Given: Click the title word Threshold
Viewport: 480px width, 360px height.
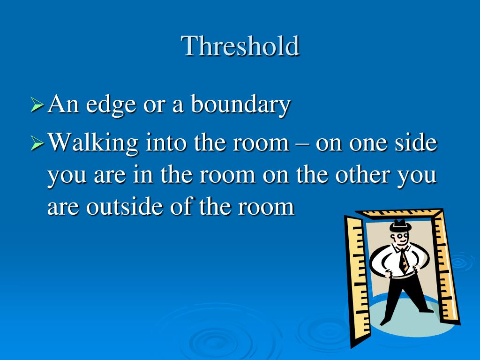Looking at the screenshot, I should (x=240, y=46).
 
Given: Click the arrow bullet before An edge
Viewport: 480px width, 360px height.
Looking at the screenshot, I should (x=37, y=105).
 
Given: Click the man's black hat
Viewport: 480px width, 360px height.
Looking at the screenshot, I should (x=400, y=225).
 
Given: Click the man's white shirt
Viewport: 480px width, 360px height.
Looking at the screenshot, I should (x=389, y=262).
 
